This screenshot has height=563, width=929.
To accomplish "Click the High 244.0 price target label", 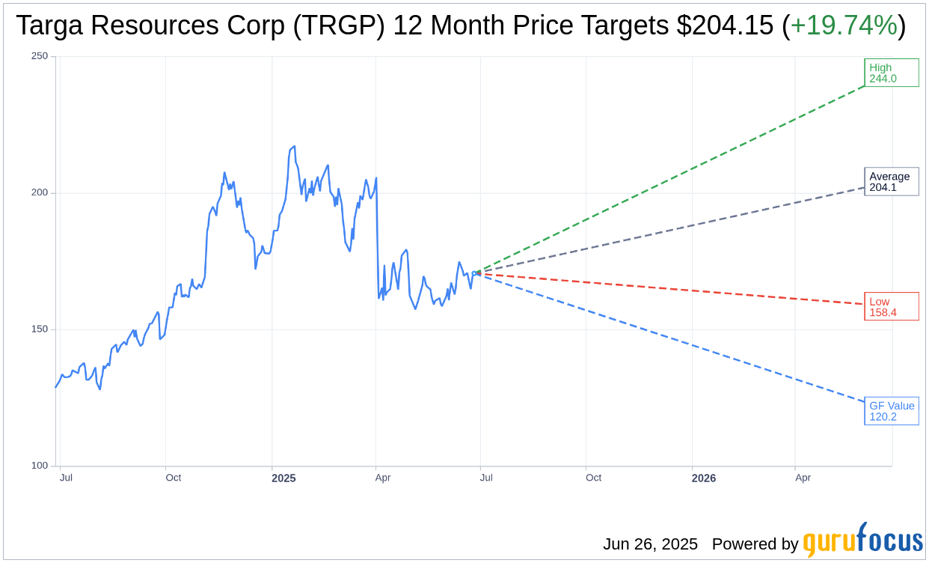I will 891,73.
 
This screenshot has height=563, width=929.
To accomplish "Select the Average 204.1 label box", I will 891,182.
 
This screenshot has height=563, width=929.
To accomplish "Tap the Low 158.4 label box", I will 891,306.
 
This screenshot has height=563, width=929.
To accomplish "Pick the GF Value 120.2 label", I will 891,411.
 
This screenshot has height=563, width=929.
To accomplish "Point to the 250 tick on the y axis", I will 39,56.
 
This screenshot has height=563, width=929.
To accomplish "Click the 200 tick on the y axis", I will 39,192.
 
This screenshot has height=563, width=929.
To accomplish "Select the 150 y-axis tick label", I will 39,329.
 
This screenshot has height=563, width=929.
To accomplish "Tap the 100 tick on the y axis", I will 39,466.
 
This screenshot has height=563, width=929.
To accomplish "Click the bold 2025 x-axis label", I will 283,478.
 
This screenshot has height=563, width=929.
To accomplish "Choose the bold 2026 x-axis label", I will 703,478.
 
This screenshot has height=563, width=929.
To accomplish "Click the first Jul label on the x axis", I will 66,478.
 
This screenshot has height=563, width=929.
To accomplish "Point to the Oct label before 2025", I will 173,478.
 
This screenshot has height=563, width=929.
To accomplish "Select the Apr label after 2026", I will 803,478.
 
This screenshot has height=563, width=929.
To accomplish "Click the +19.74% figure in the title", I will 844,26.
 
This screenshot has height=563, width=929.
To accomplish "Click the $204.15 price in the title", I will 725,26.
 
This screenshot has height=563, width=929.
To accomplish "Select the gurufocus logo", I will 862,541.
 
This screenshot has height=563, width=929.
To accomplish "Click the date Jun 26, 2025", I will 650,544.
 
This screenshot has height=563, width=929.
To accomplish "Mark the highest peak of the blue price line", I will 294,147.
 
